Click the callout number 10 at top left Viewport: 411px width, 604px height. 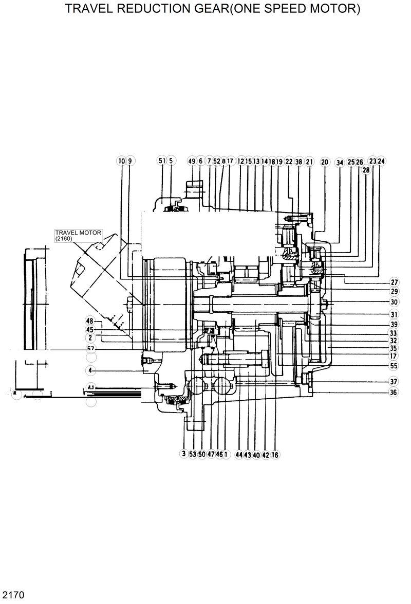click(121, 161)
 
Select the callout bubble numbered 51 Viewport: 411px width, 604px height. click(162, 161)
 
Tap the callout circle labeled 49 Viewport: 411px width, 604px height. click(191, 161)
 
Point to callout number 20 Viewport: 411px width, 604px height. click(325, 162)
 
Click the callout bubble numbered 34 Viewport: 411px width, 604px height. click(339, 162)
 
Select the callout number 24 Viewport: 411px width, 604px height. click(381, 161)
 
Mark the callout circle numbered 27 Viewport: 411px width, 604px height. click(394, 282)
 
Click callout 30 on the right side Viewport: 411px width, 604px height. click(394, 302)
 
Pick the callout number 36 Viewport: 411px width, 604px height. click(394, 392)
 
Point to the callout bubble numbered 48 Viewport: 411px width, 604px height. click(90, 322)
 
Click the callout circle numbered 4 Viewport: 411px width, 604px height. click(90, 370)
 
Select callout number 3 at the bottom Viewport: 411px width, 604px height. click(183, 454)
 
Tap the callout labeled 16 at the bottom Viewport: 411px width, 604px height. click(275, 455)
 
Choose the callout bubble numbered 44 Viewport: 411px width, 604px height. click(239, 455)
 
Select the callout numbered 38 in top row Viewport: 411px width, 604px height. click(298, 161)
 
